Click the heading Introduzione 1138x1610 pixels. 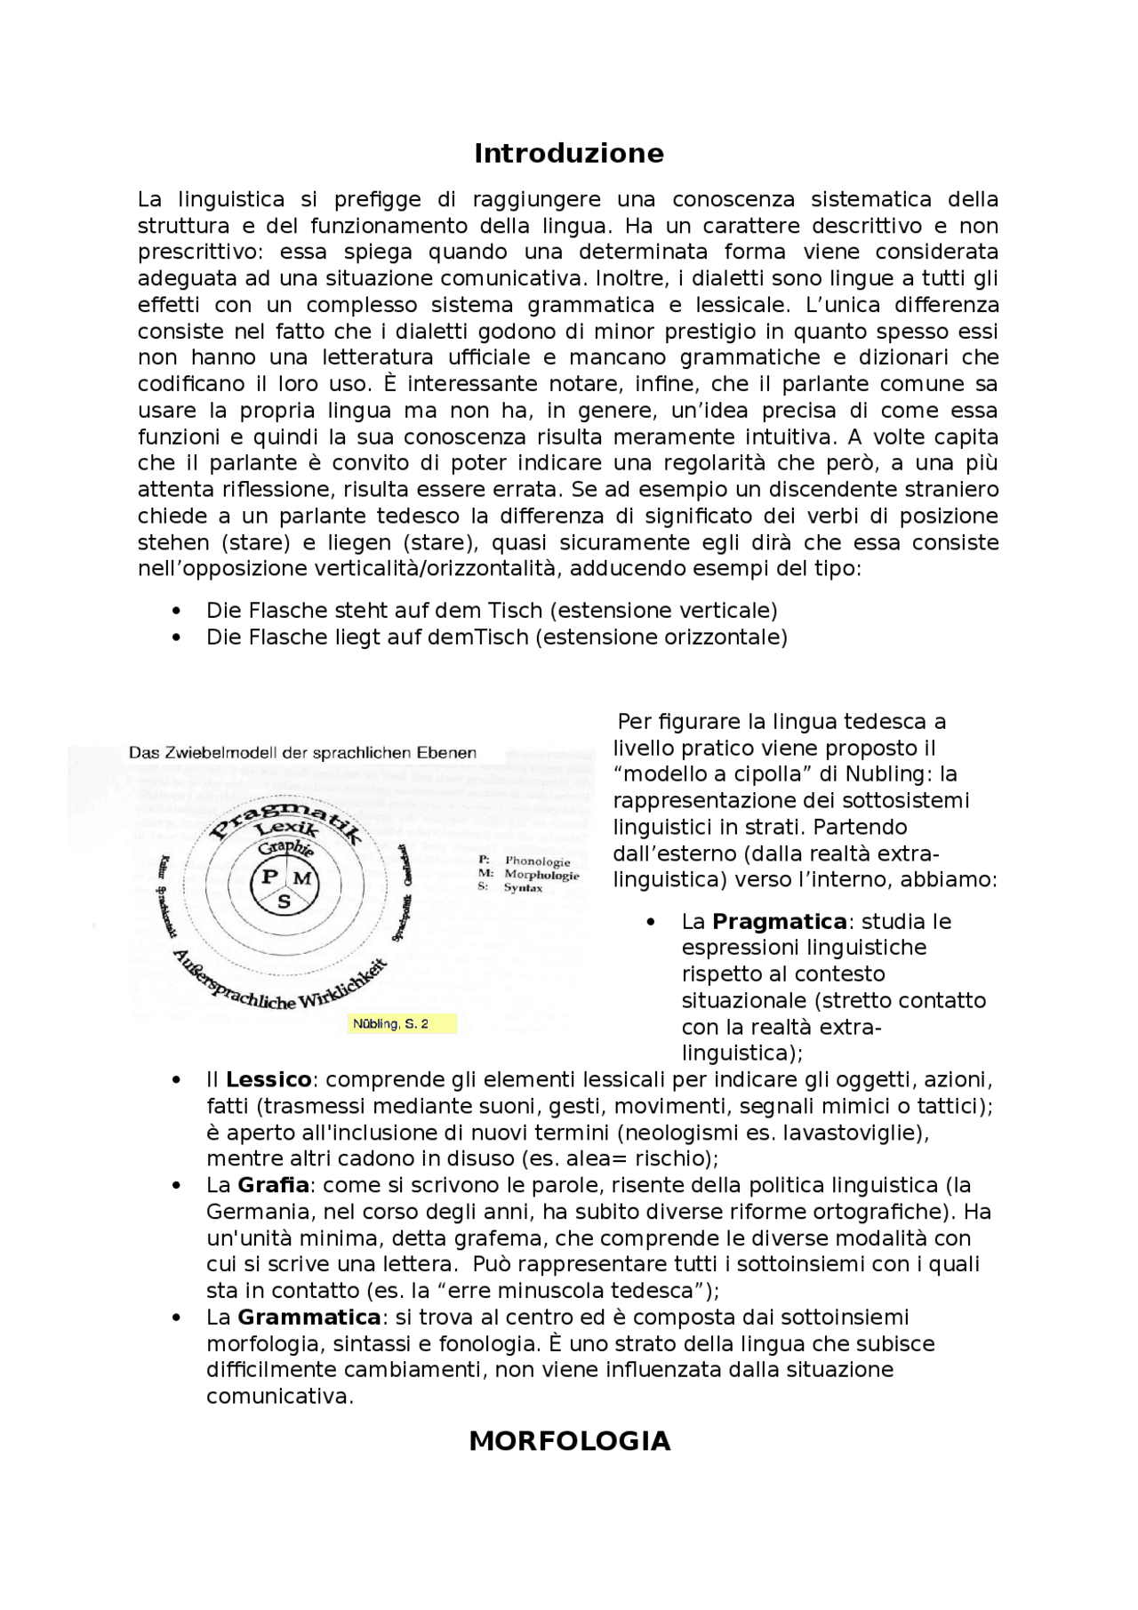pyautogui.click(x=568, y=153)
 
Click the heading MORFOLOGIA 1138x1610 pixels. pyautogui.click(x=569, y=1441)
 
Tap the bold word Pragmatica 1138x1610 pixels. pyautogui.click(x=779, y=921)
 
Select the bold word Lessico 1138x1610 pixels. pyautogui.click(x=268, y=1079)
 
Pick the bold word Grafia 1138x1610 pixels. pyautogui.click(x=273, y=1185)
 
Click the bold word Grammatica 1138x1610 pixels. pyautogui.click(x=309, y=1317)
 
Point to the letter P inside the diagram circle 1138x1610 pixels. pyautogui.click(x=268, y=877)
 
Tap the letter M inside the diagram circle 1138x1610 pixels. pyautogui.click(x=301, y=878)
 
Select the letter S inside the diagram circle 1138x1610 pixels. pyautogui.click(x=284, y=901)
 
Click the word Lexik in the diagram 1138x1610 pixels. pyautogui.click(x=286, y=832)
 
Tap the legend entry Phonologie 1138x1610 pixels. pyautogui.click(x=537, y=861)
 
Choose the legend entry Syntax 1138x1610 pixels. pyautogui.click(x=523, y=887)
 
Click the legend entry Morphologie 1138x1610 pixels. pyautogui.click(x=541, y=875)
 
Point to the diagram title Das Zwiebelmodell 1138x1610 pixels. pyautogui.click(x=302, y=753)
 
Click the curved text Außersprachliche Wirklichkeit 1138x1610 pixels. pyautogui.click(x=277, y=987)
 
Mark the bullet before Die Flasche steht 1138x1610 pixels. pyautogui.click(x=177, y=612)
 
